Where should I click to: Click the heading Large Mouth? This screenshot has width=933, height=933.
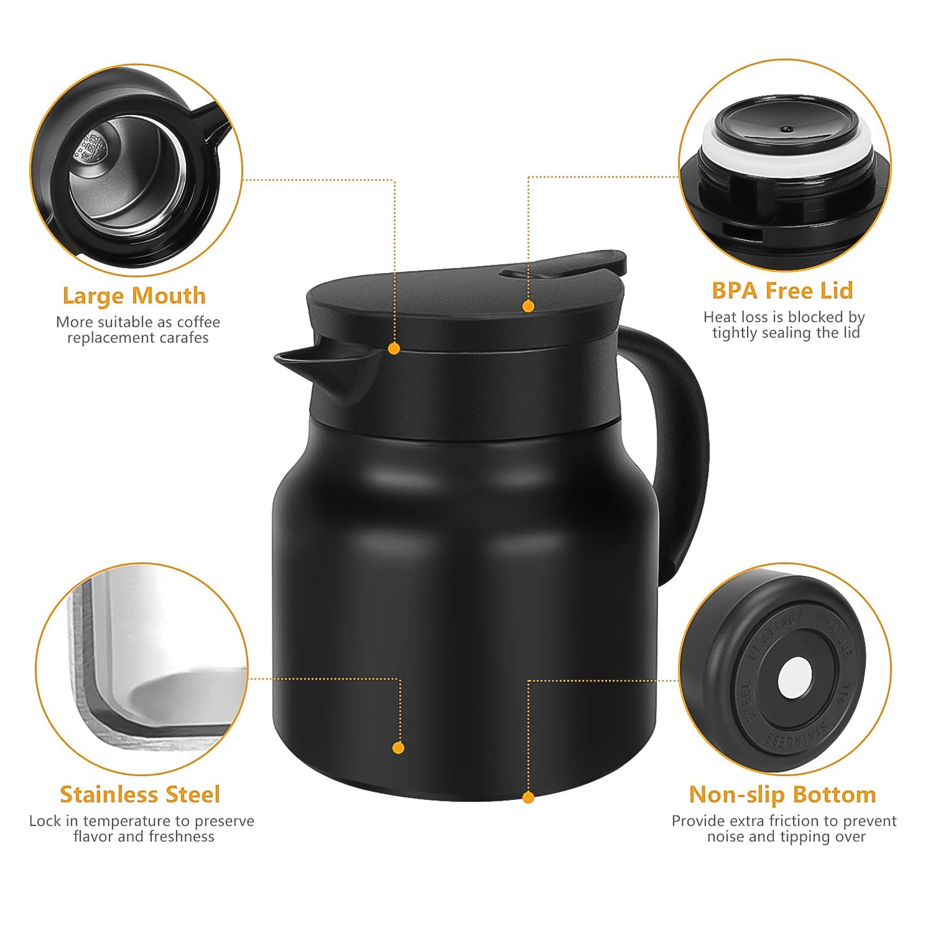point(134,296)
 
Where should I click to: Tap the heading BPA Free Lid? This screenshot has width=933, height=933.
point(783,291)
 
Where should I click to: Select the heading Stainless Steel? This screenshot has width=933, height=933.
point(140,794)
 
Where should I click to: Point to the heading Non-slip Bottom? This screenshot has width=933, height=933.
point(783,794)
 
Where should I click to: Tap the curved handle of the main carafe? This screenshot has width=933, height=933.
point(684,452)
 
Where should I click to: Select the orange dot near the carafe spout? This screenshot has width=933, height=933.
point(394,349)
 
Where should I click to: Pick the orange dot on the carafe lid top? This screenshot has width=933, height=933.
point(528,306)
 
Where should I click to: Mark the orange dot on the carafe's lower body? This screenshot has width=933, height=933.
point(398,748)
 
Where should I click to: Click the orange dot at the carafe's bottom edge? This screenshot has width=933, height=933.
point(528,798)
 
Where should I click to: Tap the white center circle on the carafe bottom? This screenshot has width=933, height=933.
point(795,678)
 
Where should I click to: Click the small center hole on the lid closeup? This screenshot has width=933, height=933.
point(786,129)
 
